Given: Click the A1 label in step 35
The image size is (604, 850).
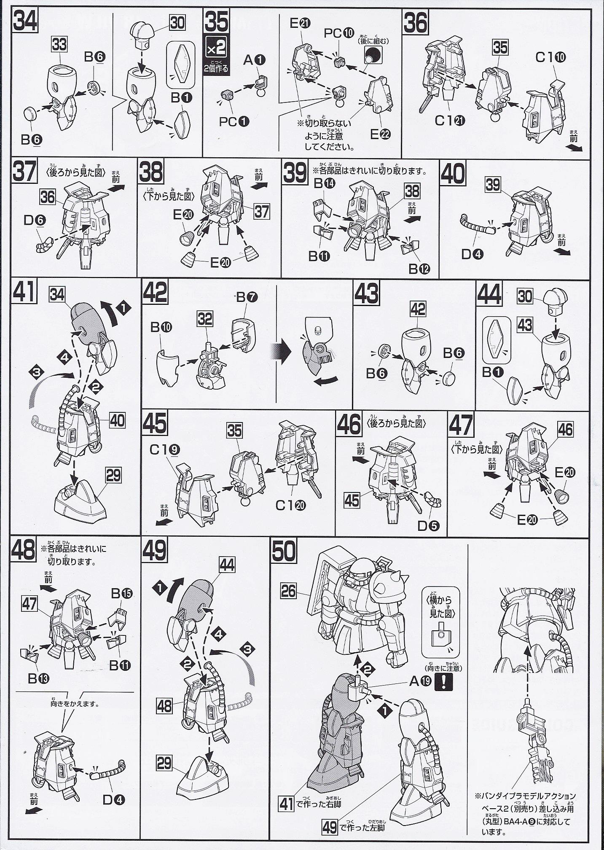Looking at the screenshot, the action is click(x=255, y=60).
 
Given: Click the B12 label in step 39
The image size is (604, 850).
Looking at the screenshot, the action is click(x=419, y=268).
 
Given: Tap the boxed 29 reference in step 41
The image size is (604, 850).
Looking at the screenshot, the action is click(x=113, y=476).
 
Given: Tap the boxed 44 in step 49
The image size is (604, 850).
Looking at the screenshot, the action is click(x=227, y=564).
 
